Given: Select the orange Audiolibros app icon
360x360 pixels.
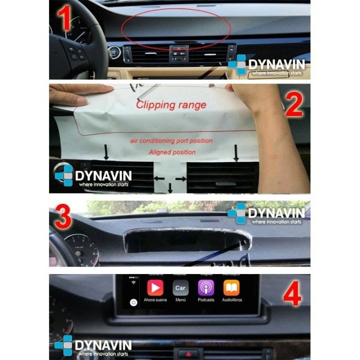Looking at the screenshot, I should pyautogui.click(x=231, y=288).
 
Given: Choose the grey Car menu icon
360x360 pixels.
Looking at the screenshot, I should pyautogui.click(x=180, y=288).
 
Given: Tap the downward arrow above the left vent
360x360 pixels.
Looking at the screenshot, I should pyautogui.click(x=106, y=152).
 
